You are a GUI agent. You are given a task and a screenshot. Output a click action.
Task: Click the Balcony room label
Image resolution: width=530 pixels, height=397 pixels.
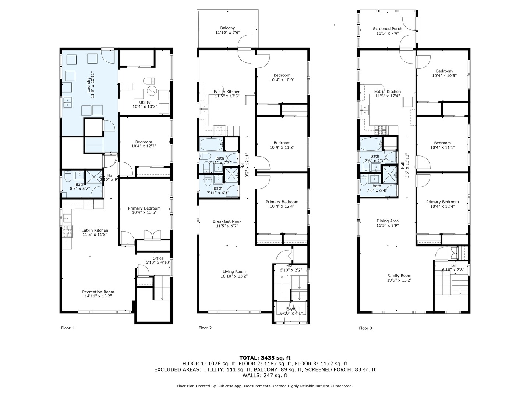pos(227,28)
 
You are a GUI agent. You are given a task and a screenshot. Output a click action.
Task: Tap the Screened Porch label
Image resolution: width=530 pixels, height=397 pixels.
pos(387,29)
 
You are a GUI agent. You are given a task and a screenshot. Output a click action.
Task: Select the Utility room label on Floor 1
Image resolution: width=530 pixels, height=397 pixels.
pos(145,103)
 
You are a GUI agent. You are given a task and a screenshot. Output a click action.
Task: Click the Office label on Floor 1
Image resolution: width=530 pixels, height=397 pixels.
pos(158,258)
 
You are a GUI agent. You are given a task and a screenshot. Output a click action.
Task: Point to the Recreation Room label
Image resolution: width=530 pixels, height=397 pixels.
pos(98,292)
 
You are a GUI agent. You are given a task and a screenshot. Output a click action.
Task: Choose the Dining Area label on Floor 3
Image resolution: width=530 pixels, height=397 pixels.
pos(387,221)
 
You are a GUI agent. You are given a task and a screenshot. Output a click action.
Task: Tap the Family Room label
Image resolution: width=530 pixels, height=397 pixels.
pos(399,276)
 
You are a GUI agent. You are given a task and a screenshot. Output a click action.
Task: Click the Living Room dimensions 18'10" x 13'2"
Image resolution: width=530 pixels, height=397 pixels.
pos(234,276)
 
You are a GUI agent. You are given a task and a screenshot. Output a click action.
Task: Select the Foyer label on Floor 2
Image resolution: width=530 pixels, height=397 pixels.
pos(291,309)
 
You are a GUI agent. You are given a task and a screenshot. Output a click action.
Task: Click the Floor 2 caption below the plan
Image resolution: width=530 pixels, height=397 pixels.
pos(205,328)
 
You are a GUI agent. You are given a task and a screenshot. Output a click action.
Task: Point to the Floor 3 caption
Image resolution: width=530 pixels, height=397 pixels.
pos(365,328)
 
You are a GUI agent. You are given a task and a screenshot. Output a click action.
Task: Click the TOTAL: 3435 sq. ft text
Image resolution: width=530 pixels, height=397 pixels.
pos(265,357)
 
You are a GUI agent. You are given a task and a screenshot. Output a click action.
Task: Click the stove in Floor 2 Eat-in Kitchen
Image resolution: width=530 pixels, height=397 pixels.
pos(220,129)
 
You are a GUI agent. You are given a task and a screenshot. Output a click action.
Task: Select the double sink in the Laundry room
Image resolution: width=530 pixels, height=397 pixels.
pos(67,103)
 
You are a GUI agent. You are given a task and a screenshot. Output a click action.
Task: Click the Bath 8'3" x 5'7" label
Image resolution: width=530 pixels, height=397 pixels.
pos(79,185)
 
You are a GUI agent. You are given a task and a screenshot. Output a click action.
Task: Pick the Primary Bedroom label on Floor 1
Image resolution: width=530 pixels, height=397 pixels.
pos(144,208)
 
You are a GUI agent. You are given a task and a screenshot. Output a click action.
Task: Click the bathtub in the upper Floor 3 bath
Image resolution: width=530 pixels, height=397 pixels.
pos(371,143)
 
